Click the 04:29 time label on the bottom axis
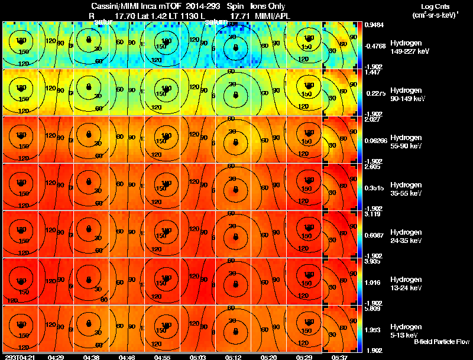tap(56, 357)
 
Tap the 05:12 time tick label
tap(235, 357)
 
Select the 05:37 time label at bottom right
tap(339, 357)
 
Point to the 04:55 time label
tap(162, 357)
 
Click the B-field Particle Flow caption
tap(441, 342)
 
